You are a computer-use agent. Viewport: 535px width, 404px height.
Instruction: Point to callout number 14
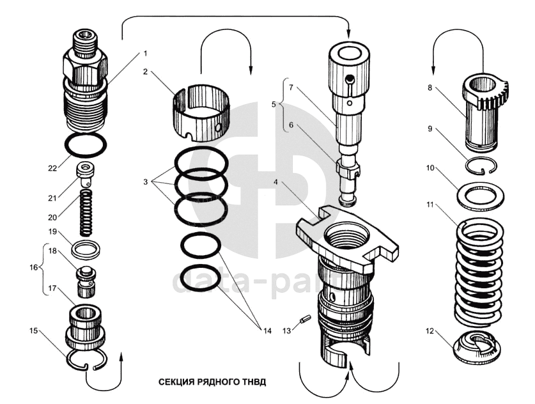pos(267,330)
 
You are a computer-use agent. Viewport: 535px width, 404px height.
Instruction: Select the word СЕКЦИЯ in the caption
pos(176,382)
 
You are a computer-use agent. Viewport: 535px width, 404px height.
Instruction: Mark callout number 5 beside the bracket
pos(275,104)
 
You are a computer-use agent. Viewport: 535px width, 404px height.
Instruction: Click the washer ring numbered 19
pos(85,247)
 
